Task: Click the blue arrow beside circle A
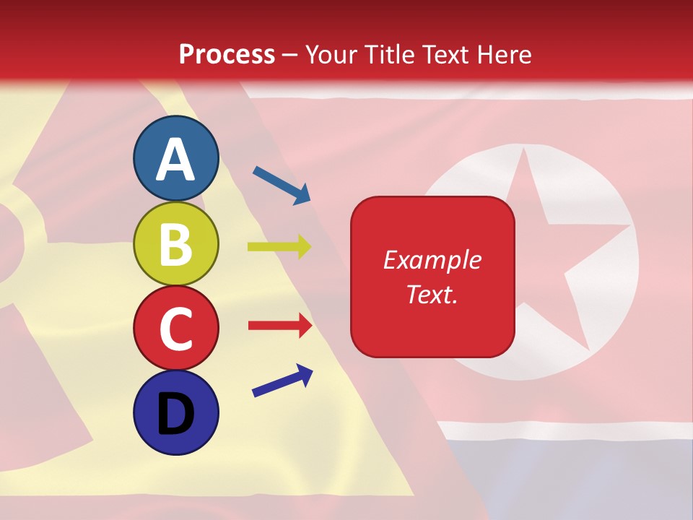coord(282,185)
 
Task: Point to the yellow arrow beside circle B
coord(279,246)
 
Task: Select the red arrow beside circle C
coord(279,326)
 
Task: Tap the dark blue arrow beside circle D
coord(282,381)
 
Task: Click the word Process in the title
coord(227,54)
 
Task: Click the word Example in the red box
coord(432,260)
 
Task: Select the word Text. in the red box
coord(432,294)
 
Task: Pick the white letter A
coord(176,160)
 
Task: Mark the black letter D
coord(176,413)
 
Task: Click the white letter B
coord(176,244)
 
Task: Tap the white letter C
coord(176,329)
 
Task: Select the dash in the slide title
coord(289,56)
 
